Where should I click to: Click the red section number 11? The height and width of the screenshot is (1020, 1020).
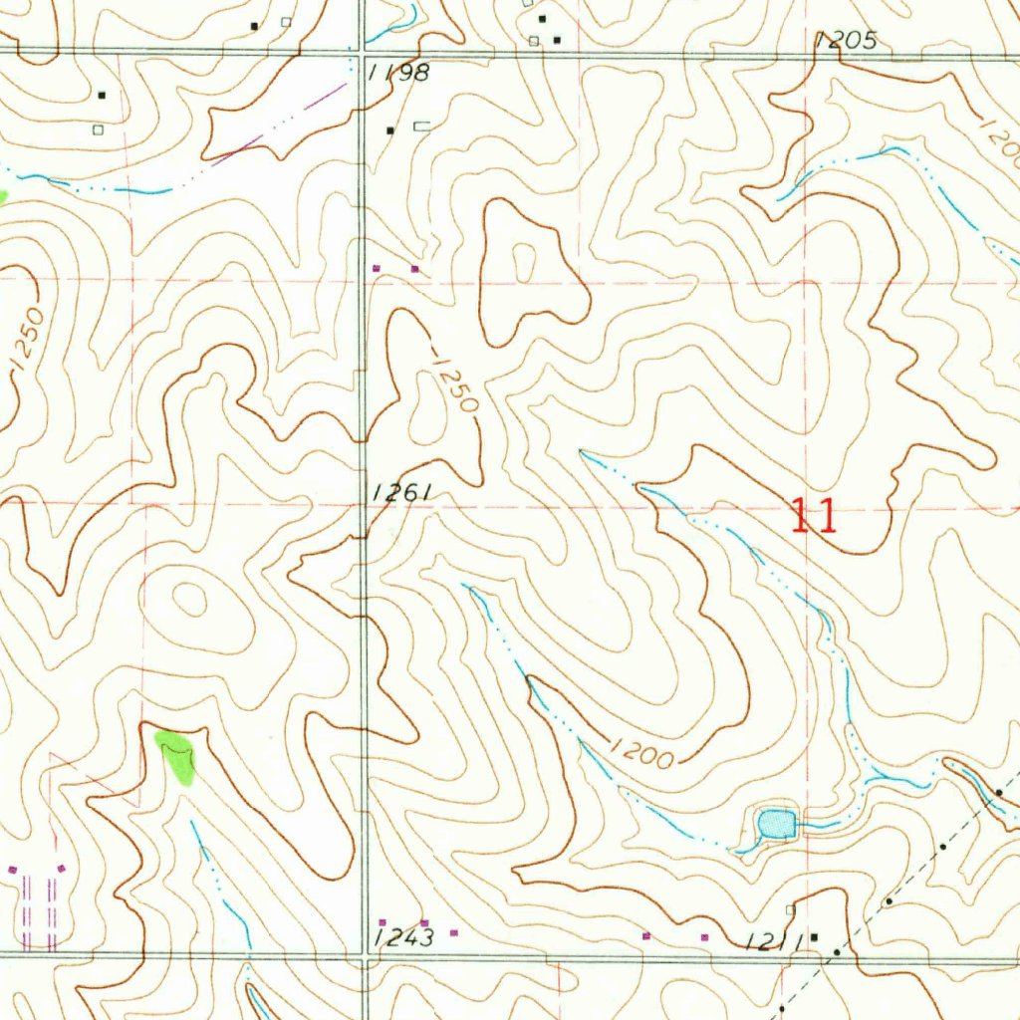click(x=814, y=517)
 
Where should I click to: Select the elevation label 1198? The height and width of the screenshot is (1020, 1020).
click(x=398, y=73)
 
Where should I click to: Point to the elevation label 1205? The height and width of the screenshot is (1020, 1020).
click(x=845, y=41)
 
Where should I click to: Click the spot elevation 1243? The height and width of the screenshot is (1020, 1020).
click(x=405, y=938)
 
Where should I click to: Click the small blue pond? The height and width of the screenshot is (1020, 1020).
click(x=776, y=824)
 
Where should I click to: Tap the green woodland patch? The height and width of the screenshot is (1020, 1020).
click(x=176, y=755)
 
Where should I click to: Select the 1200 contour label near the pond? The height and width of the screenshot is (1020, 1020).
click(x=638, y=753)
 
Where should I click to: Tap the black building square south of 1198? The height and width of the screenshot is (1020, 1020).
click(x=390, y=130)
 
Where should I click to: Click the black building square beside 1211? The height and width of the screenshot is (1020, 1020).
click(x=814, y=937)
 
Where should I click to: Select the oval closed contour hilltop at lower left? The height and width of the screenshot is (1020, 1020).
click(x=189, y=600)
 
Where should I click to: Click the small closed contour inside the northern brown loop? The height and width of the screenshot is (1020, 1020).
click(x=522, y=264)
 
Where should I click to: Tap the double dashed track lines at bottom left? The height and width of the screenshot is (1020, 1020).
click(x=37, y=911)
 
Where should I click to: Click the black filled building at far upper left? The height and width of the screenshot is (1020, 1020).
click(x=102, y=96)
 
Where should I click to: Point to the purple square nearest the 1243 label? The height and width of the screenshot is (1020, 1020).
click(x=424, y=923)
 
